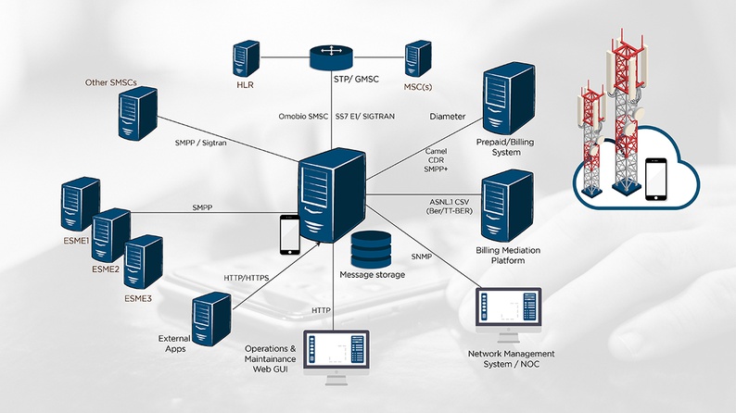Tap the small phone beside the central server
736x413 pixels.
click(x=289, y=233)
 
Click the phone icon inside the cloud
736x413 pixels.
click(x=657, y=179)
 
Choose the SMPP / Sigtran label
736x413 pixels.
click(x=200, y=144)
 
